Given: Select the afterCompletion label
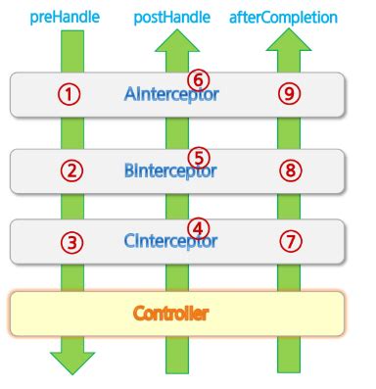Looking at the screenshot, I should click(x=284, y=18).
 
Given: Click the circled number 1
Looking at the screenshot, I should click(x=69, y=95).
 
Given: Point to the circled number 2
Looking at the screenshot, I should click(x=69, y=170).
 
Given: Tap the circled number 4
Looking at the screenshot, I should click(x=199, y=227).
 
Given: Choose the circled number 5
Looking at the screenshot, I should click(x=199, y=157).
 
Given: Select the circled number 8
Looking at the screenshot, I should click(x=290, y=170).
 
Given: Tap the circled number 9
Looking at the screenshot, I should click(x=290, y=95).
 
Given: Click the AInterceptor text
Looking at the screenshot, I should click(x=172, y=95).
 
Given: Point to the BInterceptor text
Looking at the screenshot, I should click(x=172, y=170).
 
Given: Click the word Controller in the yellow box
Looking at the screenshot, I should click(x=172, y=315).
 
